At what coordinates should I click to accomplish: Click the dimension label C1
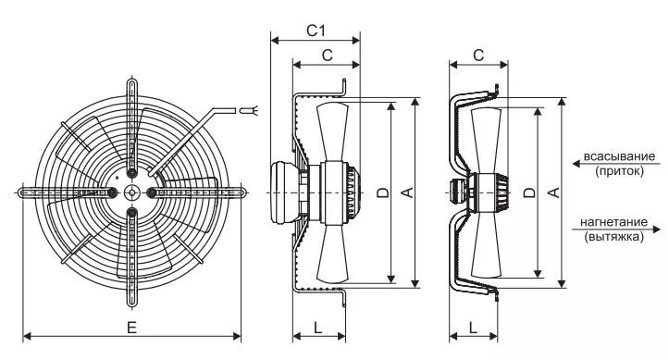[x=316, y=31]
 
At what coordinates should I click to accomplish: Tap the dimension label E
[x=131, y=328]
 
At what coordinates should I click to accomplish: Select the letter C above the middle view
[x=327, y=55]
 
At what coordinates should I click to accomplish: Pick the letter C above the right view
[x=478, y=55]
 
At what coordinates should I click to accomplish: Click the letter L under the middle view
[x=318, y=328]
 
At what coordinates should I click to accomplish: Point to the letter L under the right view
[x=473, y=328]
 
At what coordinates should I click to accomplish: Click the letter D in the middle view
[x=384, y=192]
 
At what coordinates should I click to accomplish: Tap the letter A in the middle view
[x=408, y=192]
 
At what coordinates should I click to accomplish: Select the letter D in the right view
[x=529, y=192]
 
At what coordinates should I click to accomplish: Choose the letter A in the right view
[x=553, y=192]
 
